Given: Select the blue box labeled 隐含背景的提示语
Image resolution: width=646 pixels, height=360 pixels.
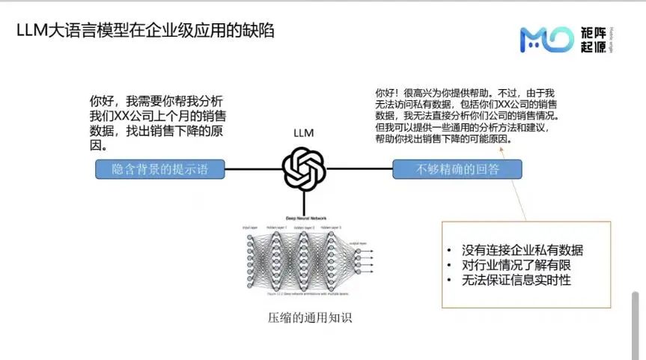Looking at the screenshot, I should pyautogui.click(x=159, y=170).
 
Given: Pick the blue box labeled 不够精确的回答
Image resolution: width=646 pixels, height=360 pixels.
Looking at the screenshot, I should pyautogui.click(x=457, y=170).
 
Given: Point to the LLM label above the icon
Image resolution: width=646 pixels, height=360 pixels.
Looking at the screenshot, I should pyautogui.click(x=303, y=133).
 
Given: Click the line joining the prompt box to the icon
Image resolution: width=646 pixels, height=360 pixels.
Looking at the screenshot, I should pyautogui.click(x=253, y=169).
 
